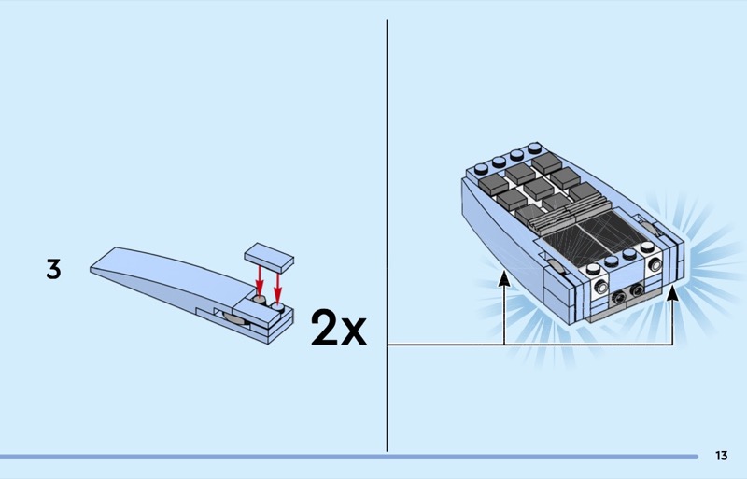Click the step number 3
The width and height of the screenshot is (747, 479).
53,269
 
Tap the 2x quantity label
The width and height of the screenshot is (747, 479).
339,327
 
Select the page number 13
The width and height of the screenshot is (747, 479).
721,456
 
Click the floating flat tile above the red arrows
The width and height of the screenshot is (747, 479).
269,258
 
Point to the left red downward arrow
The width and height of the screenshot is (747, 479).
260,280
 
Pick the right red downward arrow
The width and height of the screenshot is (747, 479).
277,288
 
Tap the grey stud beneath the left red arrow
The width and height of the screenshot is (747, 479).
260,300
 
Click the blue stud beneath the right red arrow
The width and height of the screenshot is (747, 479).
278,307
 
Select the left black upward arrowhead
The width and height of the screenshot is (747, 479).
504,279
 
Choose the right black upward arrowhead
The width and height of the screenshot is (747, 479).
672,292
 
